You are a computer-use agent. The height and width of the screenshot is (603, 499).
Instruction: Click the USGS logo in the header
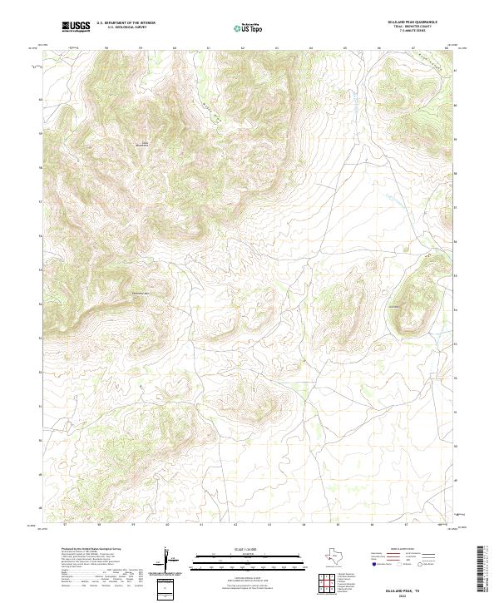(x=76, y=27)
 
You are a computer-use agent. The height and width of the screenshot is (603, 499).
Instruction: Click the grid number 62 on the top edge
(x=242, y=48)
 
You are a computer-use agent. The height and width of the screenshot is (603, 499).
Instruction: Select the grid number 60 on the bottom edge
(x=167, y=525)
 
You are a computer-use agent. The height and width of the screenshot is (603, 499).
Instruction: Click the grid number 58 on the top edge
(x=107, y=48)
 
